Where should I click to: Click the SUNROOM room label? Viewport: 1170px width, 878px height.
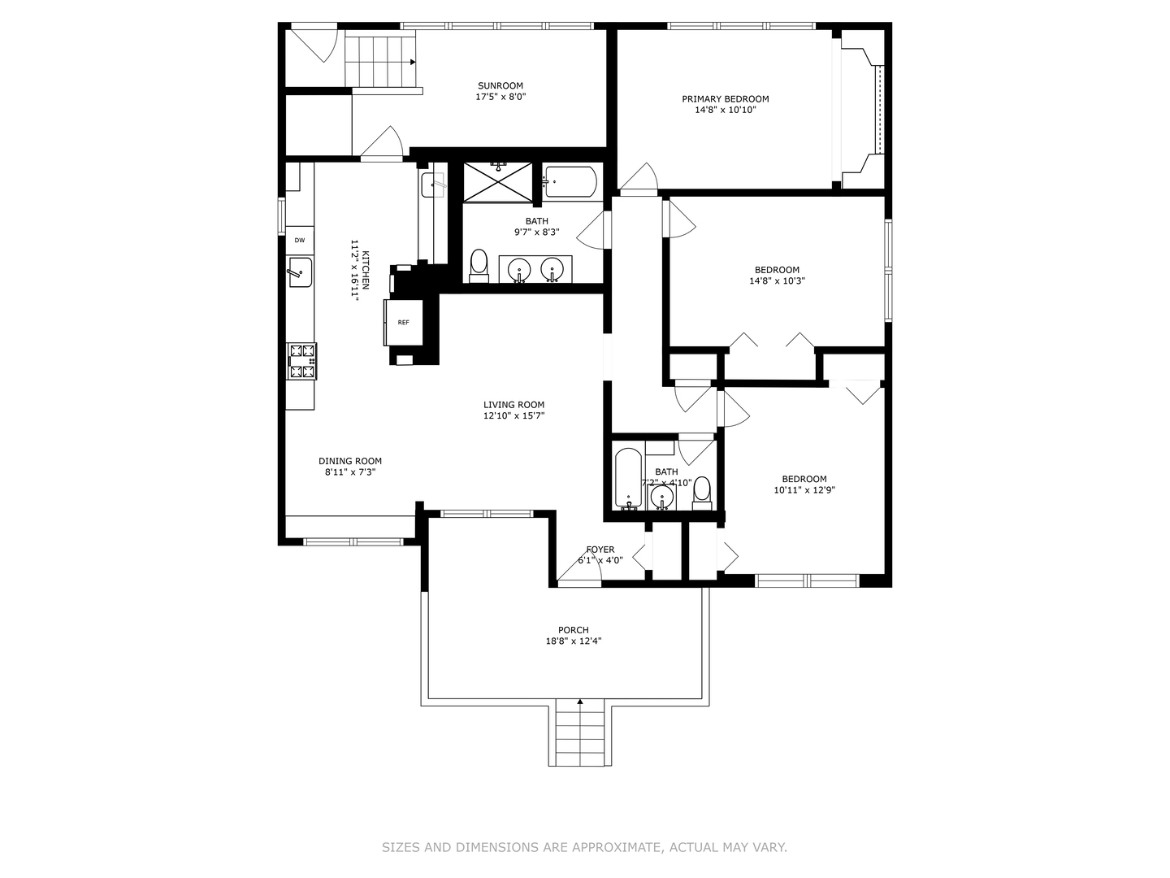[x=500, y=85]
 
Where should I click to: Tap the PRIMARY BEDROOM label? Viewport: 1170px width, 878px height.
[x=725, y=99]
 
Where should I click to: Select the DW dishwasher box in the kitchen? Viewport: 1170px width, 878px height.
[x=300, y=240]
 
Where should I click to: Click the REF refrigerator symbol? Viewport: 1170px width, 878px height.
[x=403, y=323]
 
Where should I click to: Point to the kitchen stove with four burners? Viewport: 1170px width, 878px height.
[x=301, y=362]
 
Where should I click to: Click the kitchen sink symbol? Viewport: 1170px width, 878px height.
[x=300, y=272]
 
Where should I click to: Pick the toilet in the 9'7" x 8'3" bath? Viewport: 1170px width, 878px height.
[x=479, y=264]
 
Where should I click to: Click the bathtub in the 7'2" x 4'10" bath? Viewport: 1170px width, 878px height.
[x=628, y=477]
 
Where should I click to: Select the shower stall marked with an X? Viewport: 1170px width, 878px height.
[x=498, y=181]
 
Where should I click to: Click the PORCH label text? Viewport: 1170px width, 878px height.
[x=573, y=630]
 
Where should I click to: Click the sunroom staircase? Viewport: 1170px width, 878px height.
[x=380, y=60]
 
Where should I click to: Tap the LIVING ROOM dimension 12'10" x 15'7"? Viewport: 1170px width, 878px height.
[x=513, y=416]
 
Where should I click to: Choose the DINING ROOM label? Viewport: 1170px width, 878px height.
[x=349, y=461]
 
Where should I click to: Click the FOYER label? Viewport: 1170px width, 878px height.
[x=600, y=550]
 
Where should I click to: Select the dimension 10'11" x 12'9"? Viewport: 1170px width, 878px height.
[x=804, y=490]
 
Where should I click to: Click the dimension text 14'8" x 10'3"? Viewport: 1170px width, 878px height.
[x=777, y=281]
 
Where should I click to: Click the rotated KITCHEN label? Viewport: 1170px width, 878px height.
[x=366, y=269]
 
